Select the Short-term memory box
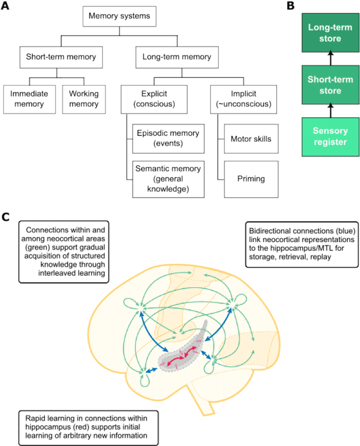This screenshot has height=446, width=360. click(x=61, y=57)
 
